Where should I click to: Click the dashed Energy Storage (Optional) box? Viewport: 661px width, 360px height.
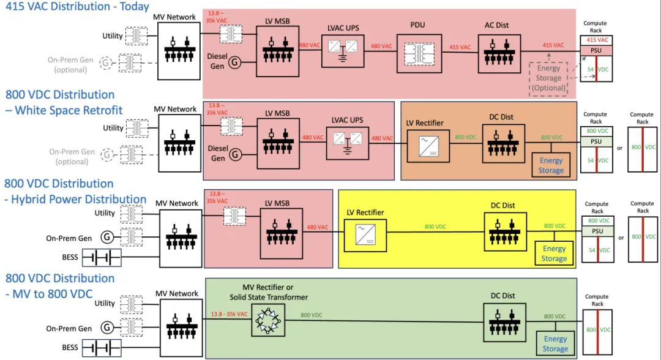[548, 78]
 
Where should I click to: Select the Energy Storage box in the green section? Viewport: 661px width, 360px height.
[555, 343]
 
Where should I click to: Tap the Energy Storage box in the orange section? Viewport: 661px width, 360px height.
[551, 165]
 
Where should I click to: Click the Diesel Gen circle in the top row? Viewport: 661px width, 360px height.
[234, 61]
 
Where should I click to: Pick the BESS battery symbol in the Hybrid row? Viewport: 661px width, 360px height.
[101, 258]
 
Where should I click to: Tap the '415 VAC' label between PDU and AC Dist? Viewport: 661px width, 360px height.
[460, 47]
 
